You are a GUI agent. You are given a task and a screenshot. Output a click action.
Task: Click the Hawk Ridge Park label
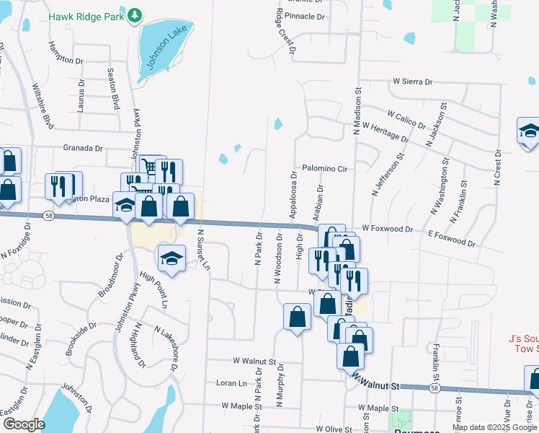pos(86,16)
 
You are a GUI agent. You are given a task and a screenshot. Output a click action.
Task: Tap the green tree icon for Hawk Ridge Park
pos(135,15)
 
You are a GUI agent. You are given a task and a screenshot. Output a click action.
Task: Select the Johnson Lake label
pos(161,53)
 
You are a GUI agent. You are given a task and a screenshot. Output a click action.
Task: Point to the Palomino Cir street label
pos(325,168)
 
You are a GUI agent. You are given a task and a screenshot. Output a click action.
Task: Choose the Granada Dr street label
pos(84,147)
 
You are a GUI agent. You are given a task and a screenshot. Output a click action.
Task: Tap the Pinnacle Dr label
pos(306,15)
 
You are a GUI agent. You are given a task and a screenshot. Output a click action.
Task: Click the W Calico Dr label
pos(406,119)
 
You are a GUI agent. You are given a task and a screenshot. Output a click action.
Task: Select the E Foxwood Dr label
pos(452,237)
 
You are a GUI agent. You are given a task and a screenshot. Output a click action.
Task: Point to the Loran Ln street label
pos(232,382)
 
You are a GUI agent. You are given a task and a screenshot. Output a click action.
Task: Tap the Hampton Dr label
pos(66,52)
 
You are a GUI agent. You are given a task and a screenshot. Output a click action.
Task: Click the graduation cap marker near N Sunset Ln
pos(171,258)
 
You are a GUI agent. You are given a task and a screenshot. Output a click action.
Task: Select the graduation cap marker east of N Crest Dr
pos(529,131)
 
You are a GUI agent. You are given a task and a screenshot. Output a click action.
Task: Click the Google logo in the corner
pos(23,424)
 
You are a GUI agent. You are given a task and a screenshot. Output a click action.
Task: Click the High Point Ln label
pos(153,289)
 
